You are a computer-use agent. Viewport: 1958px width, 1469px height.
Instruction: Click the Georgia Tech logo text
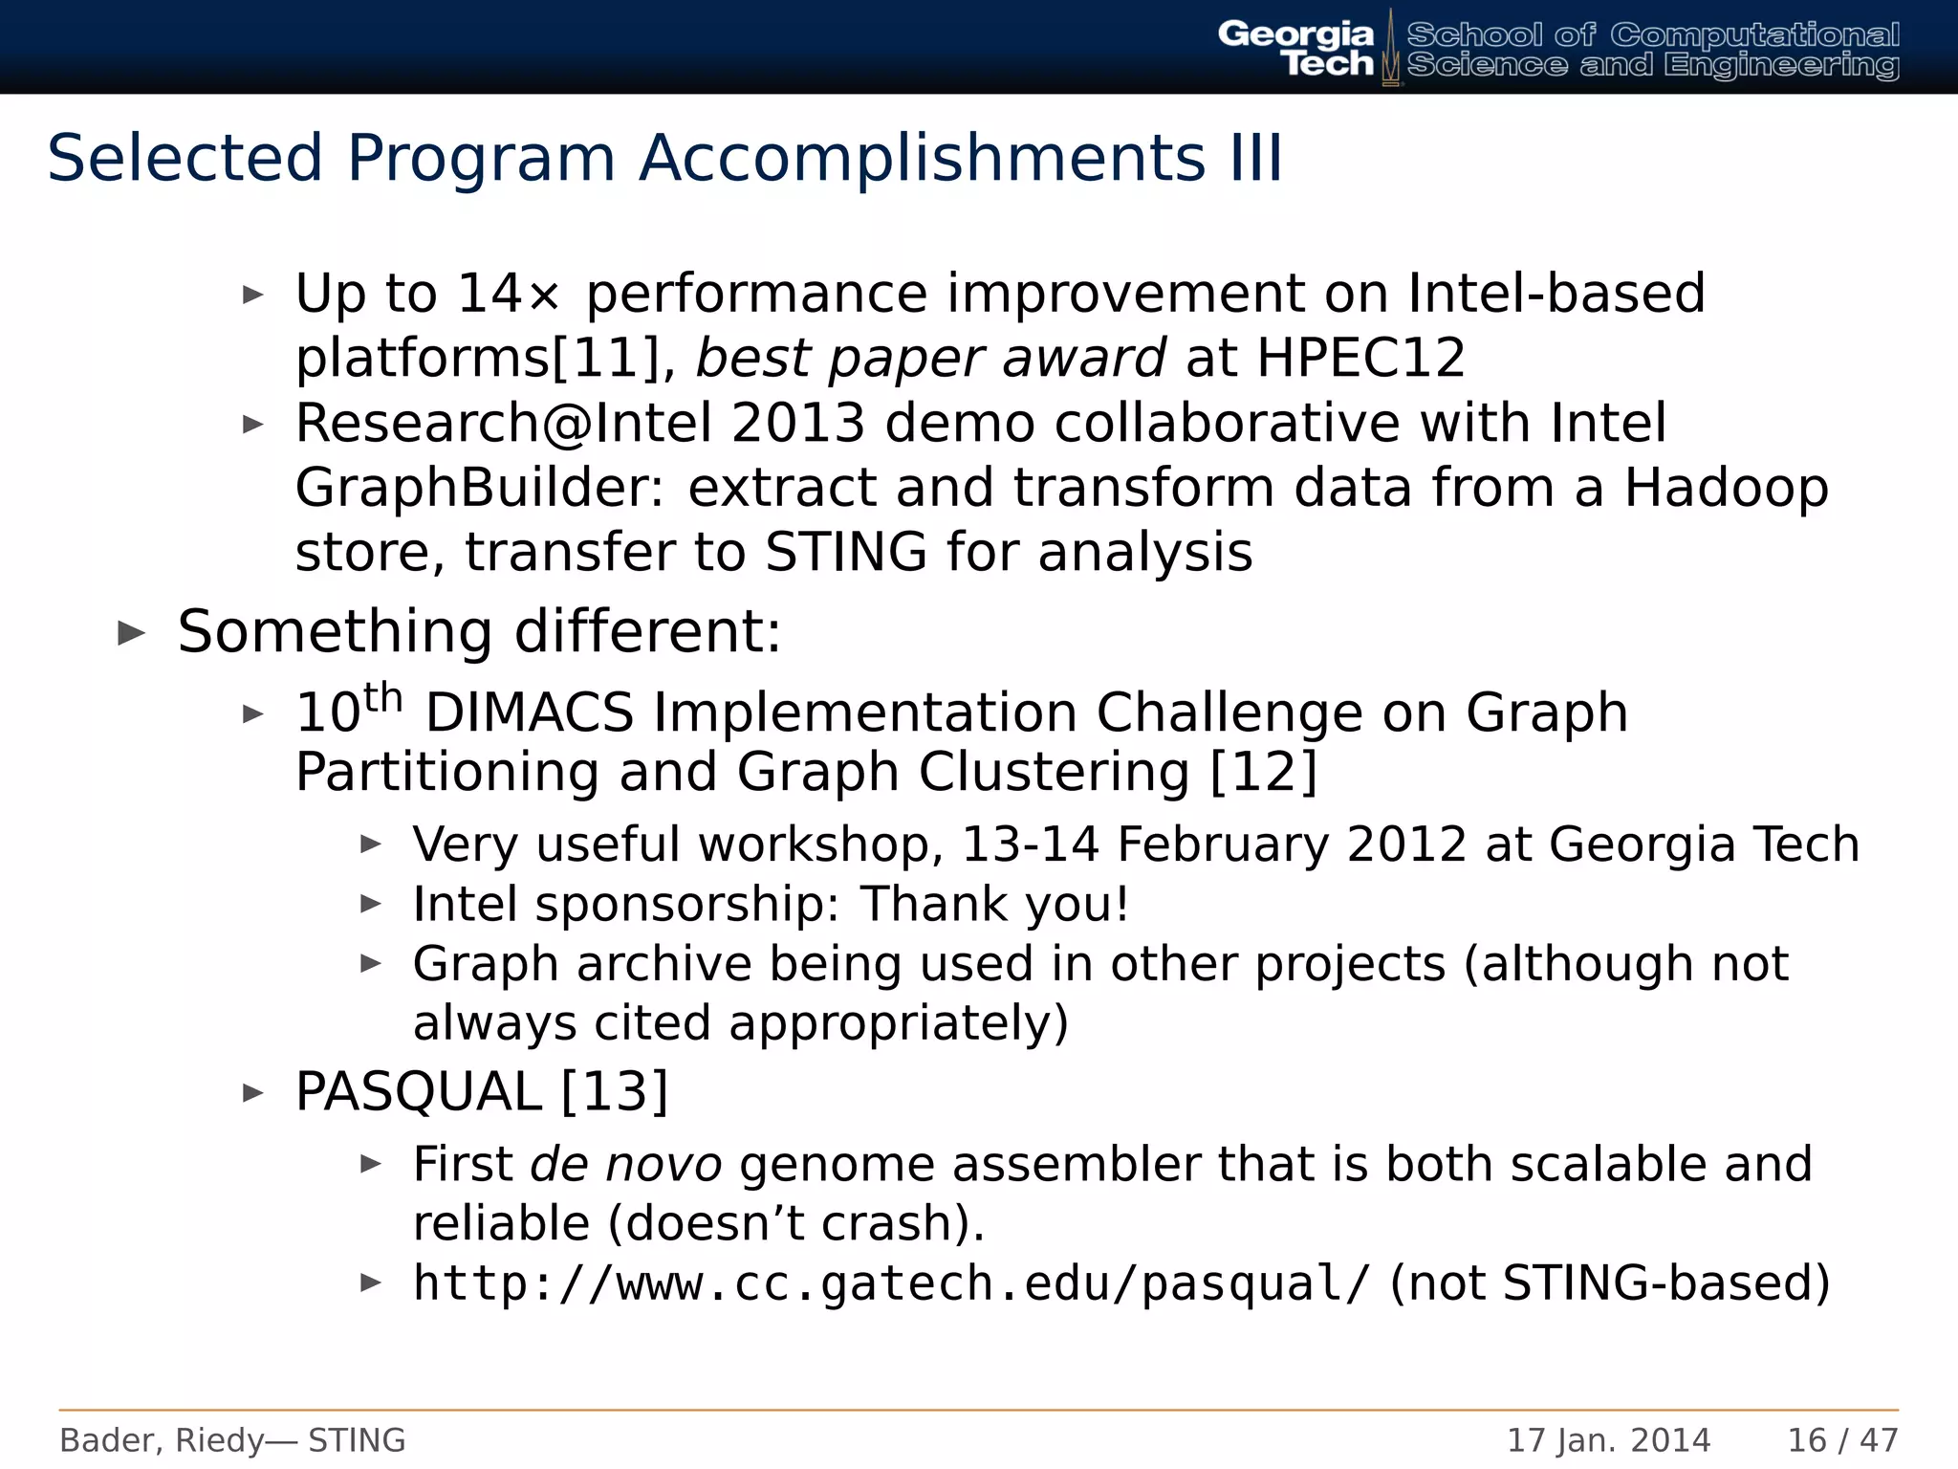click(x=1295, y=48)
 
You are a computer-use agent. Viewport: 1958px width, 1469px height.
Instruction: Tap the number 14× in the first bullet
click(x=507, y=294)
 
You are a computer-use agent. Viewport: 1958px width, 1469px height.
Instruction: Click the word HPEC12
click(x=1360, y=359)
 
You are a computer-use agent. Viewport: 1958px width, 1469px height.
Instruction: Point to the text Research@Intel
click(x=503, y=424)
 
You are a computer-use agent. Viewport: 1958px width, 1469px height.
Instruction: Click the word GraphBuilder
click(x=478, y=489)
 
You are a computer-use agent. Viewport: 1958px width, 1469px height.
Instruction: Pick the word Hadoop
click(x=1726, y=489)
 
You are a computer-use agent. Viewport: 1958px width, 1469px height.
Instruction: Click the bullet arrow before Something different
click(x=131, y=632)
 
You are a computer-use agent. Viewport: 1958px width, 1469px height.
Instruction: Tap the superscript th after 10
click(x=383, y=698)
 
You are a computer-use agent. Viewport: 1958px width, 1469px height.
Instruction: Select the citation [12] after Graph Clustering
click(x=1263, y=772)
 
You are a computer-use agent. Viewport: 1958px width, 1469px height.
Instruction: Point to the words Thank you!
click(x=994, y=904)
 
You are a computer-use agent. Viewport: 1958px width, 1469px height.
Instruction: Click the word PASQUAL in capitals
click(x=418, y=1091)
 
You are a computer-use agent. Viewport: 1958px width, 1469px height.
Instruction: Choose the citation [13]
click(x=614, y=1091)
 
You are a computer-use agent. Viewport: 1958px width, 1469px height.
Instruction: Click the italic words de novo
click(x=625, y=1164)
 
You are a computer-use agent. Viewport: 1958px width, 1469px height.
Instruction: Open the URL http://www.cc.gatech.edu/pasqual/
click(x=891, y=1283)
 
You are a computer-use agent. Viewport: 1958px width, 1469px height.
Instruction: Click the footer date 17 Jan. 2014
click(x=1608, y=1440)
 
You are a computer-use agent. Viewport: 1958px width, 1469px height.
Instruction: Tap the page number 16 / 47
click(x=1842, y=1440)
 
